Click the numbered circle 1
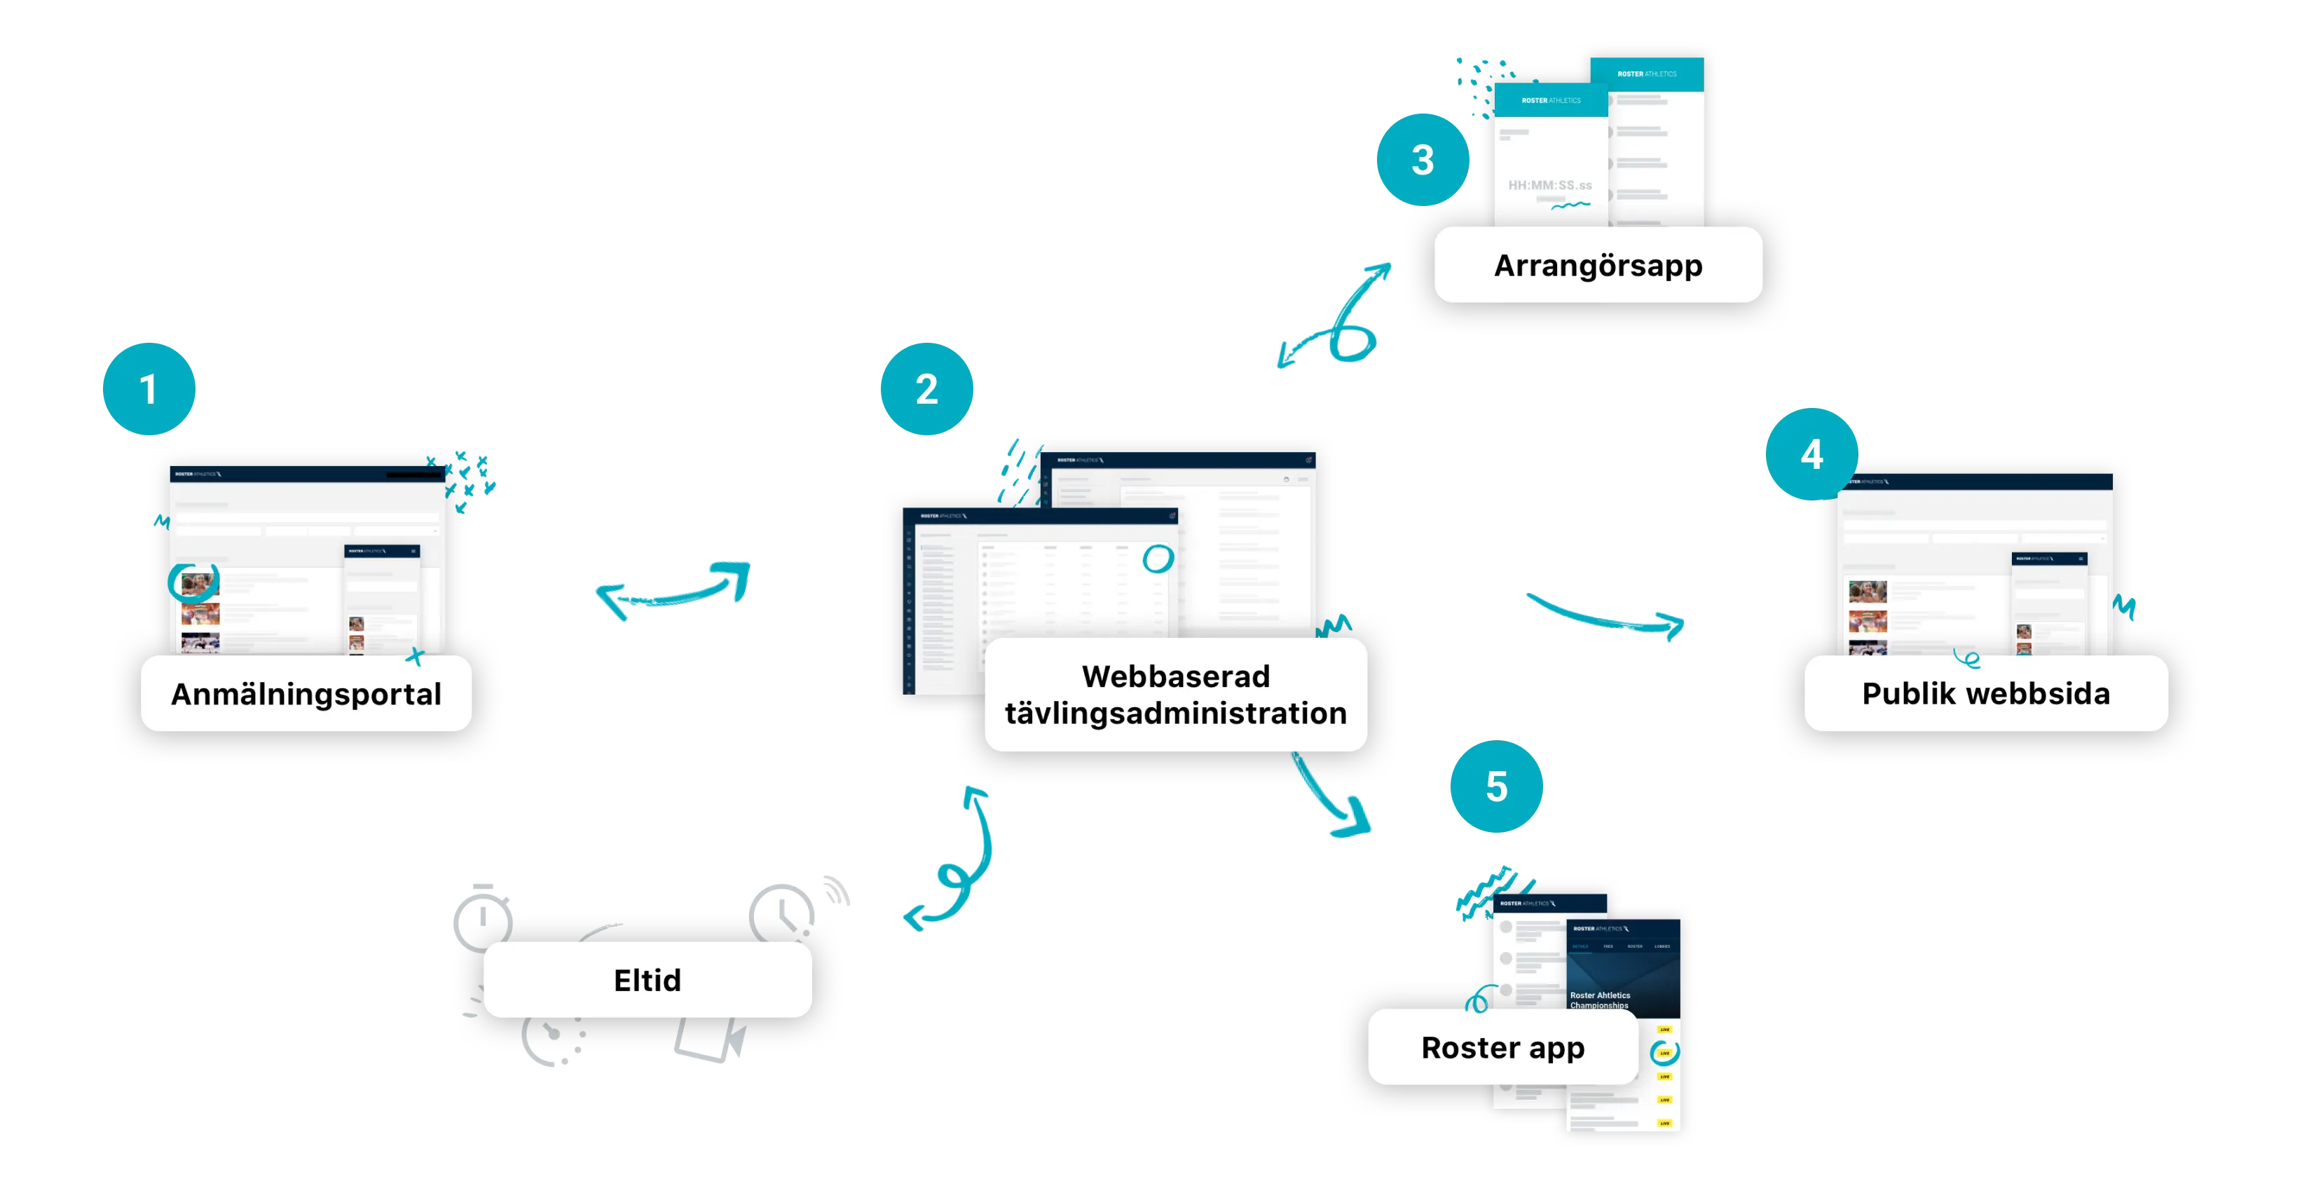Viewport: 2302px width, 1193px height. pyautogui.click(x=149, y=390)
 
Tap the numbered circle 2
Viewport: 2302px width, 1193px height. pyautogui.click(x=926, y=390)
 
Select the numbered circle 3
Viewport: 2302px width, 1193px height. pyautogui.click(x=1422, y=160)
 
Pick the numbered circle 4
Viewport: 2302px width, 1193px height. pyautogui.click(x=1811, y=454)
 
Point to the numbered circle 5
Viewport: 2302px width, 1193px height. pyautogui.click(x=1496, y=786)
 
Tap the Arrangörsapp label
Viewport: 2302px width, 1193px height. pyautogui.click(x=1598, y=266)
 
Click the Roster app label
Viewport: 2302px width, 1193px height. pyautogui.click(x=1503, y=1047)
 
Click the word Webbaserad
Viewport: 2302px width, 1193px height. pyautogui.click(x=1175, y=676)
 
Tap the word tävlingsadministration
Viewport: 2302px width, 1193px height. pyautogui.click(x=1175, y=713)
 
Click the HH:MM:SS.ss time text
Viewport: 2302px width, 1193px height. pyautogui.click(x=1549, y=186)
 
